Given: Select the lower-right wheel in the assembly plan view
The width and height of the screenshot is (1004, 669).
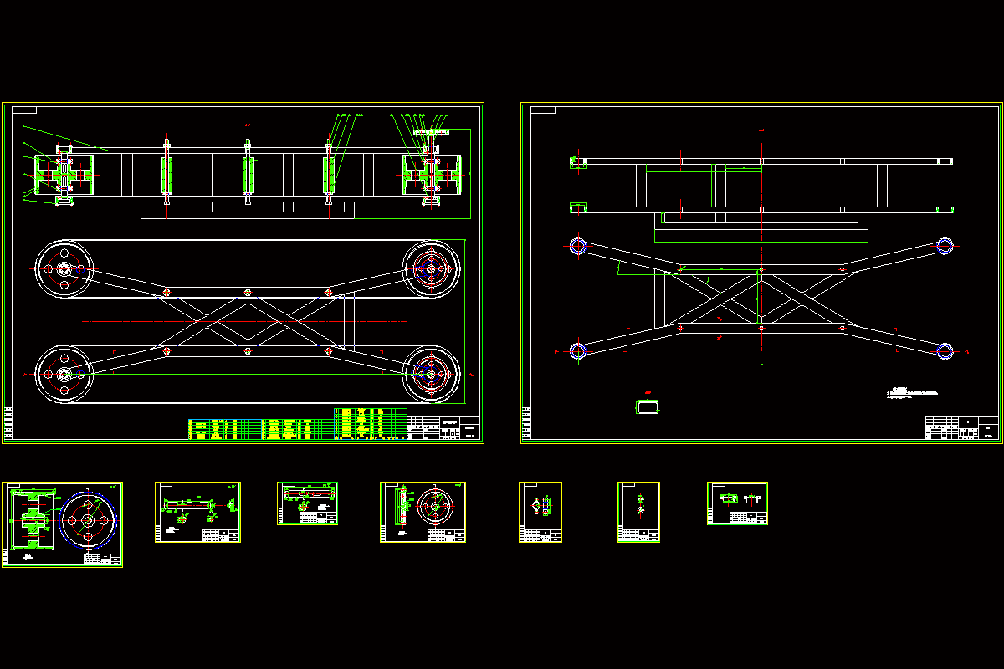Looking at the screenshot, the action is coord(431,374).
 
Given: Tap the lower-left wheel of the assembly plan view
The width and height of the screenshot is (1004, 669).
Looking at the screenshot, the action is coord(64,374).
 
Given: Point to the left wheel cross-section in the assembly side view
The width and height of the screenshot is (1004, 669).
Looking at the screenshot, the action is coord(64,176).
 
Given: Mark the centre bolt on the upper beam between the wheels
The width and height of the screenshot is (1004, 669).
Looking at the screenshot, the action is coord(248,293).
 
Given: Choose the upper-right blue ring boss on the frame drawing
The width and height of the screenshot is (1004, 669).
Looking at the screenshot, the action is coord(945,246).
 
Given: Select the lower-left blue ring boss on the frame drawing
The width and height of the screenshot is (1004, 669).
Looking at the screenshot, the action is coord(578,351).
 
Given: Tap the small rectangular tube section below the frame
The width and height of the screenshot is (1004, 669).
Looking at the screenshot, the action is coord(648,406).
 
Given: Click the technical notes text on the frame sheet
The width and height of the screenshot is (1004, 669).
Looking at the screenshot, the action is coord(913,392).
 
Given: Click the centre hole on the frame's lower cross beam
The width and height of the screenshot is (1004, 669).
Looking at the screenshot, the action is coord(761,329).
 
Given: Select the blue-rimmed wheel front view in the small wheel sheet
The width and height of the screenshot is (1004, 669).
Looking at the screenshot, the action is coord(88,520).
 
